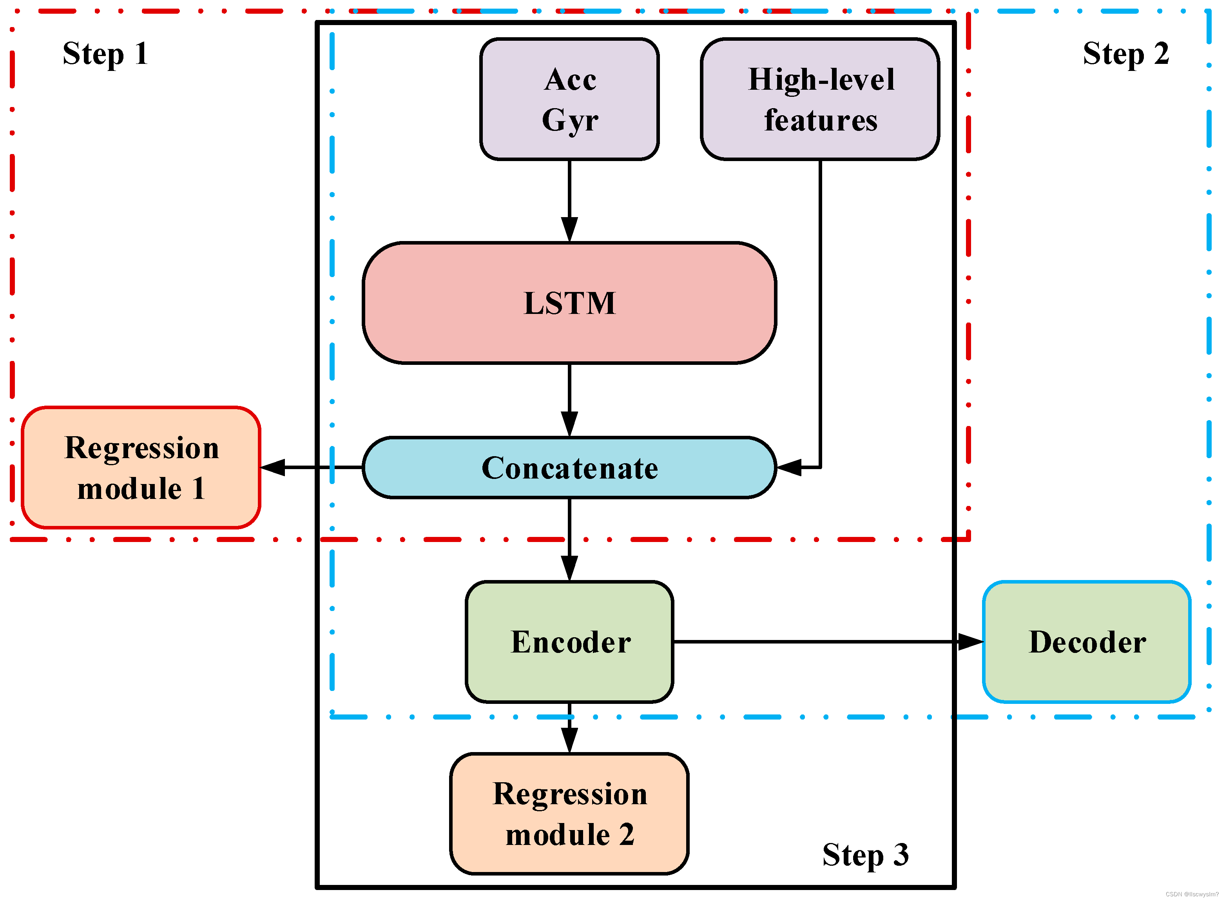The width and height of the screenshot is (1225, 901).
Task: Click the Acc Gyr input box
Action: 569,99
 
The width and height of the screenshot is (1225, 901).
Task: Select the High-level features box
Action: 820,99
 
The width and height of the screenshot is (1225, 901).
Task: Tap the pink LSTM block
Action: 569,303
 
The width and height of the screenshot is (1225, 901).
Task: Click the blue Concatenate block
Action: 569,468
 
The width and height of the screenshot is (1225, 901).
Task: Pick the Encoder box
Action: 569,642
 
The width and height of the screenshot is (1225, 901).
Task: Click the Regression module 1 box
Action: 141,468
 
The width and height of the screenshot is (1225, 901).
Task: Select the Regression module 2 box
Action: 569,813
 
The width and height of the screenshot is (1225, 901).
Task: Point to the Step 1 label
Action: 105,53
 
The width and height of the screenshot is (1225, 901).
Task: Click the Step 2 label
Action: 1126,53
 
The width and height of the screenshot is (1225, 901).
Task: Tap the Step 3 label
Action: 866,855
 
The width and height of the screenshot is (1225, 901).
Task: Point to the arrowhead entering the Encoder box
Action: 569,569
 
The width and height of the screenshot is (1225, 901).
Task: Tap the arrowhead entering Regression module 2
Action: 569,740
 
